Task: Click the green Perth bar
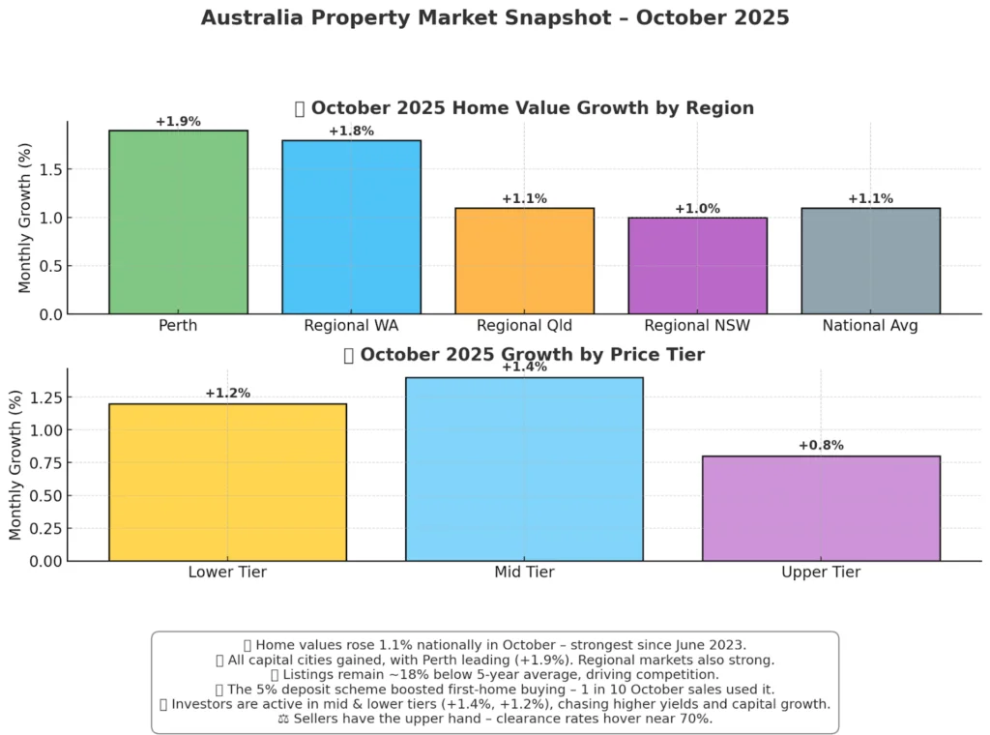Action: tap(178, 222)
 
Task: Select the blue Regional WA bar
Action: tap(351, 227)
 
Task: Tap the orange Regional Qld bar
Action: tap(524, 261)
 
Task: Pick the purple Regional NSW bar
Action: tap(697, 266)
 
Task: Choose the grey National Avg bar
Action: tap(870, 261)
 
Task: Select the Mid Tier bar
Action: tap(524, 469)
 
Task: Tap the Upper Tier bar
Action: tap(821, 508)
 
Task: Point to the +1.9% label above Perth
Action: tap(178, 122)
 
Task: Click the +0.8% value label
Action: tap(821, 446)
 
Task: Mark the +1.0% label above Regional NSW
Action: tap(697, 209)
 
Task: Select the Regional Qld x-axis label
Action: tap(524, 326)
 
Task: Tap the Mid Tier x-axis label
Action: tap(524, 573)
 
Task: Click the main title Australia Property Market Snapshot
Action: tap(494, 18)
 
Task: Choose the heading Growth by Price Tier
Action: tap(532, 355)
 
